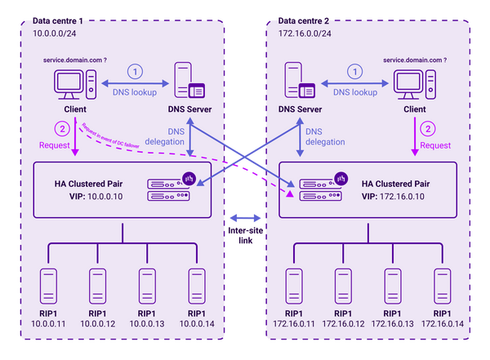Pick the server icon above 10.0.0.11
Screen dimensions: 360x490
click(x=49, y=286)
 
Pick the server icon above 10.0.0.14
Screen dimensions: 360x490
click(x=196, y=286)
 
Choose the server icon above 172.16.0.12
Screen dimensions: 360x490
click(x=343, y=286)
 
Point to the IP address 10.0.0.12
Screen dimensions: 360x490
click(x=98, y=324)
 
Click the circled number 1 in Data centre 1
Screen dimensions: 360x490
click(x=135, y=71)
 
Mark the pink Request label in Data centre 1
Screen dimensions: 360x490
click(x=55, y=145)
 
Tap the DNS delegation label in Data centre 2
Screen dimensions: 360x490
click(x=325, y=136)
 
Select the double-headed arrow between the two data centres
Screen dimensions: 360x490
click(x=245, y=217)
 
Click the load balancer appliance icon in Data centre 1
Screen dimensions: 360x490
click(x=168, y=189)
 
